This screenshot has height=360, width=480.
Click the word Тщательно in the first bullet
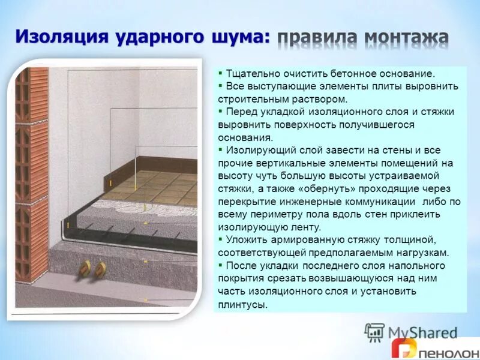pyautogui.click(x=251, y=73)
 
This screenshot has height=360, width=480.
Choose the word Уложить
pyautogui.click(x=245, y=240)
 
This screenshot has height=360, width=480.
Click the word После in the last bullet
pyautogui.click(x=241, y=265)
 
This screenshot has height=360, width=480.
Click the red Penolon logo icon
pyautogui.click(x=403, y=349)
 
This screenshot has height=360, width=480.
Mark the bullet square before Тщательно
pyautogui.click(x=220, y=73)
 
